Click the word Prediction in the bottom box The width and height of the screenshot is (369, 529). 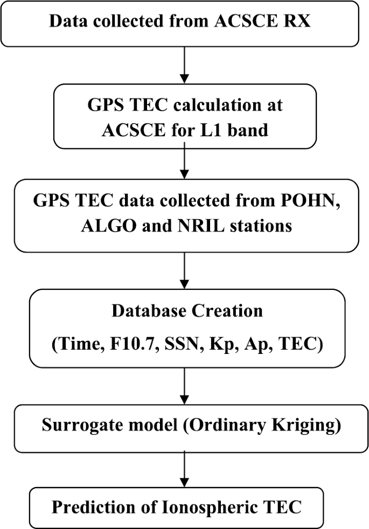[85, 506]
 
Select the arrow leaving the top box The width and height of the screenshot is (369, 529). [184, 64]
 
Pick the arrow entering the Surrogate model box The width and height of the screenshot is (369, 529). [184, 386]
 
